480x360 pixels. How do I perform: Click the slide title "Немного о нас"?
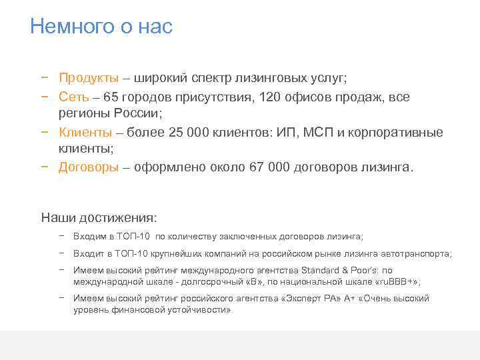101,27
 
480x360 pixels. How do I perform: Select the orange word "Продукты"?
89,78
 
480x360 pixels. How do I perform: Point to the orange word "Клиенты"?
85,132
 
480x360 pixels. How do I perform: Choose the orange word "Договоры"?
89,167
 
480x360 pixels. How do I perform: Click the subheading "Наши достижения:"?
99,217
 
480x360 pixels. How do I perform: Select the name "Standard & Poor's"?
339,271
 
